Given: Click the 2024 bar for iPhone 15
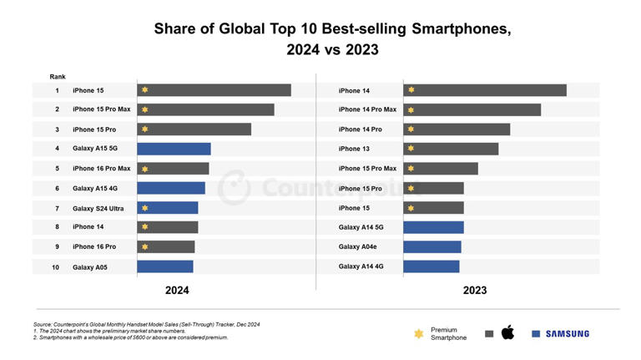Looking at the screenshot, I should [214, 90].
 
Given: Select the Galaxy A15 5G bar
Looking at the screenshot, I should [174, 149].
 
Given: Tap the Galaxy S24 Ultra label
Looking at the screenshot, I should [98, 208].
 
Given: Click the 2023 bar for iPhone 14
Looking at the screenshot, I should [484, 90].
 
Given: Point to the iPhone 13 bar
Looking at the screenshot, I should [451, 149].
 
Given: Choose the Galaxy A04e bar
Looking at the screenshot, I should [432, 246].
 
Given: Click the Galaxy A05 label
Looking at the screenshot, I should [88, 266].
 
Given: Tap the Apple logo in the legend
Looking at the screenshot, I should [507, 332].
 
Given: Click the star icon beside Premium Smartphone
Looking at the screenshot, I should [418, 334].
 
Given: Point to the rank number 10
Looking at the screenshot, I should [55, 266].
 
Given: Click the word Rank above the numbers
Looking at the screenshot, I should [58, 76].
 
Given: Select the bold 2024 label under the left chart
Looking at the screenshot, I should [176, 291].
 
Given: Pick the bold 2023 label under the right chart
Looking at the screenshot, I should [474, 291].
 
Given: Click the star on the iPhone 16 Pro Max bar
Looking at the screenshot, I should [145, 169].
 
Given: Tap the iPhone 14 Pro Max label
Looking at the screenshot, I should [367, 109].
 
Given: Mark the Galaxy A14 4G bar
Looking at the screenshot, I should [431, 266].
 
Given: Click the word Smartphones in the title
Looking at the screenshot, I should [458, 29].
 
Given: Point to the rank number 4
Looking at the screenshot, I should [57, 149].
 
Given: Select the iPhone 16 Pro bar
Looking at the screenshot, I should [165, 246].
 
